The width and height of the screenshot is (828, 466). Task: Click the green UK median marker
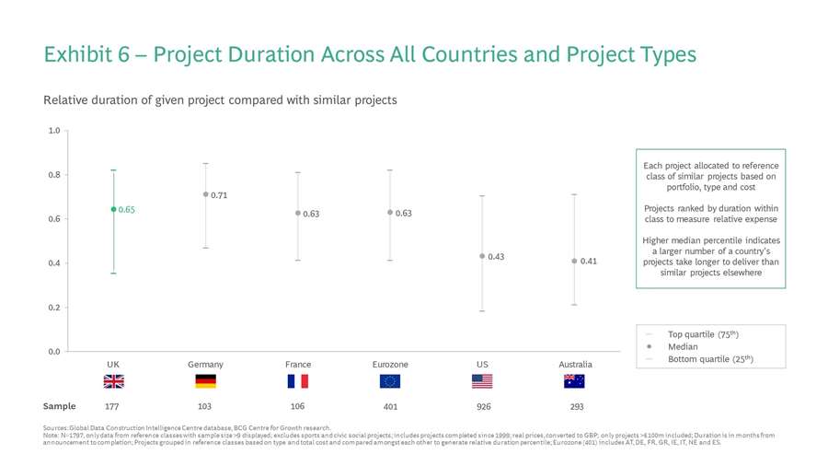pyautogui.click(x=113, y=209)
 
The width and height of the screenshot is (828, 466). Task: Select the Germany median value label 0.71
pyautogui.click(x=219, y=195)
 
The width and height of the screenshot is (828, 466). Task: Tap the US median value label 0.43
pyautogui.click(x=495, y=256)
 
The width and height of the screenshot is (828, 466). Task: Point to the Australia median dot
pyautogui.click(x=574, y=261)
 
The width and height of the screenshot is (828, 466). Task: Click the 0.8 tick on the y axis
pyautogui.click(x=54, y=175)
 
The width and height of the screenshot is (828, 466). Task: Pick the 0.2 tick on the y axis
pyautogui.click(x=54, y=308)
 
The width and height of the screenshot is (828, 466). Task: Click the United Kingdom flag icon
pyautogui.click(x=113, y=381)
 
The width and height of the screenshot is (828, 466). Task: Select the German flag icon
pyautogui.click(x=205, y=381)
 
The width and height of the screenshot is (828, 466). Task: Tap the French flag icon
pyautogui.click(x=297, y=381)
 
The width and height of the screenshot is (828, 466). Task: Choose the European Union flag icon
pyautogui.click(x=390, y=381)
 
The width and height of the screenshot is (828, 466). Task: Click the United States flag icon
pyautogui.click(x=482, y=381)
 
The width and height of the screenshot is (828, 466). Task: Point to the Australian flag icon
pyautogui.click(x=574, y=381)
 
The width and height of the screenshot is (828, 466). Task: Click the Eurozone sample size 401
pyautogui.click(x=390, y=406)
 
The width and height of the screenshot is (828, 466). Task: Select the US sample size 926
pyautogui.click(x=482, y=406)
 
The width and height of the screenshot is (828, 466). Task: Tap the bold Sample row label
pyautogui.click(x=59, y=406)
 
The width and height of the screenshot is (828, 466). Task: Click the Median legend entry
pyautogui.click(x=682, y=346)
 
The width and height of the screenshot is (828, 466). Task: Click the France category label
pyautogui.click(x=297, y=365)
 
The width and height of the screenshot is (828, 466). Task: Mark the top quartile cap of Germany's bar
pyautogui.click(x=205, y=163)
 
